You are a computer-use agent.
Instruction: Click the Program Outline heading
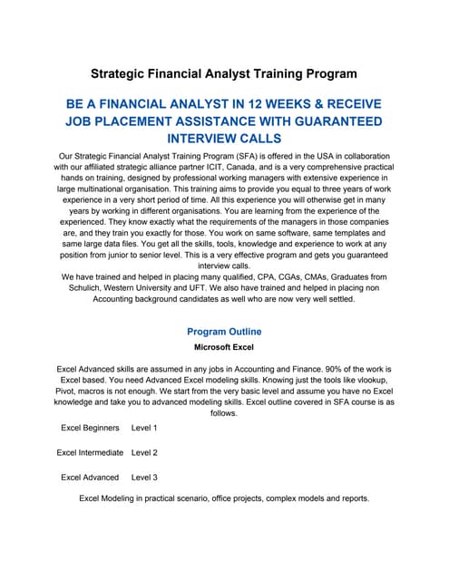(x=224, y=332)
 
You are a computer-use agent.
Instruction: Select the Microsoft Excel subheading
(x=224, y=347)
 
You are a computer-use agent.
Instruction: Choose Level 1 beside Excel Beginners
(x=144, y=427)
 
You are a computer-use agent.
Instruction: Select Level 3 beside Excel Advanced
(x=144, y=477)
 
